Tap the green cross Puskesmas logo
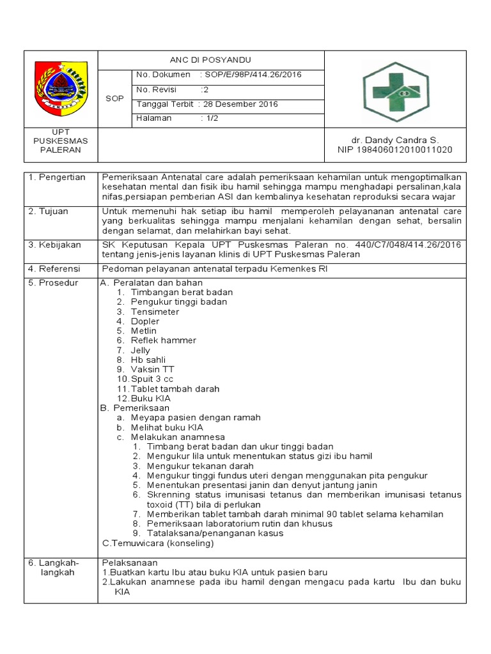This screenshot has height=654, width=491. (391, 91)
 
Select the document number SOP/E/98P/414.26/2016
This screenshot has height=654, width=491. (253, 75)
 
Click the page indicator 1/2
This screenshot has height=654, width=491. (210, 118)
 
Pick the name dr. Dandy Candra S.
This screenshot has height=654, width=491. (395, 140)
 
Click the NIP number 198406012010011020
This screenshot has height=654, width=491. (394, 150)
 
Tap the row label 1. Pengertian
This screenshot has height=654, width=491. (57, 177)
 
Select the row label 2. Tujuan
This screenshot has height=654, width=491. (49, 211)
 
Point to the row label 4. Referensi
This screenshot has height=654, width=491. (55, 269)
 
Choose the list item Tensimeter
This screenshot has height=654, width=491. (155, 312)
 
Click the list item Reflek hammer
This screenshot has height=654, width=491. (163, 340)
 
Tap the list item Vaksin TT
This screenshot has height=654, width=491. (152, 369)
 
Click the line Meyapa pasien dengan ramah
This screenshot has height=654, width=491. (195, 417)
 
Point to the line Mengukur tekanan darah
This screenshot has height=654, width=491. (200, 466)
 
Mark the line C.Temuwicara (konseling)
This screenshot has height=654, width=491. (158, 544)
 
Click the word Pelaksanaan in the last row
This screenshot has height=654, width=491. (130, 563)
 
